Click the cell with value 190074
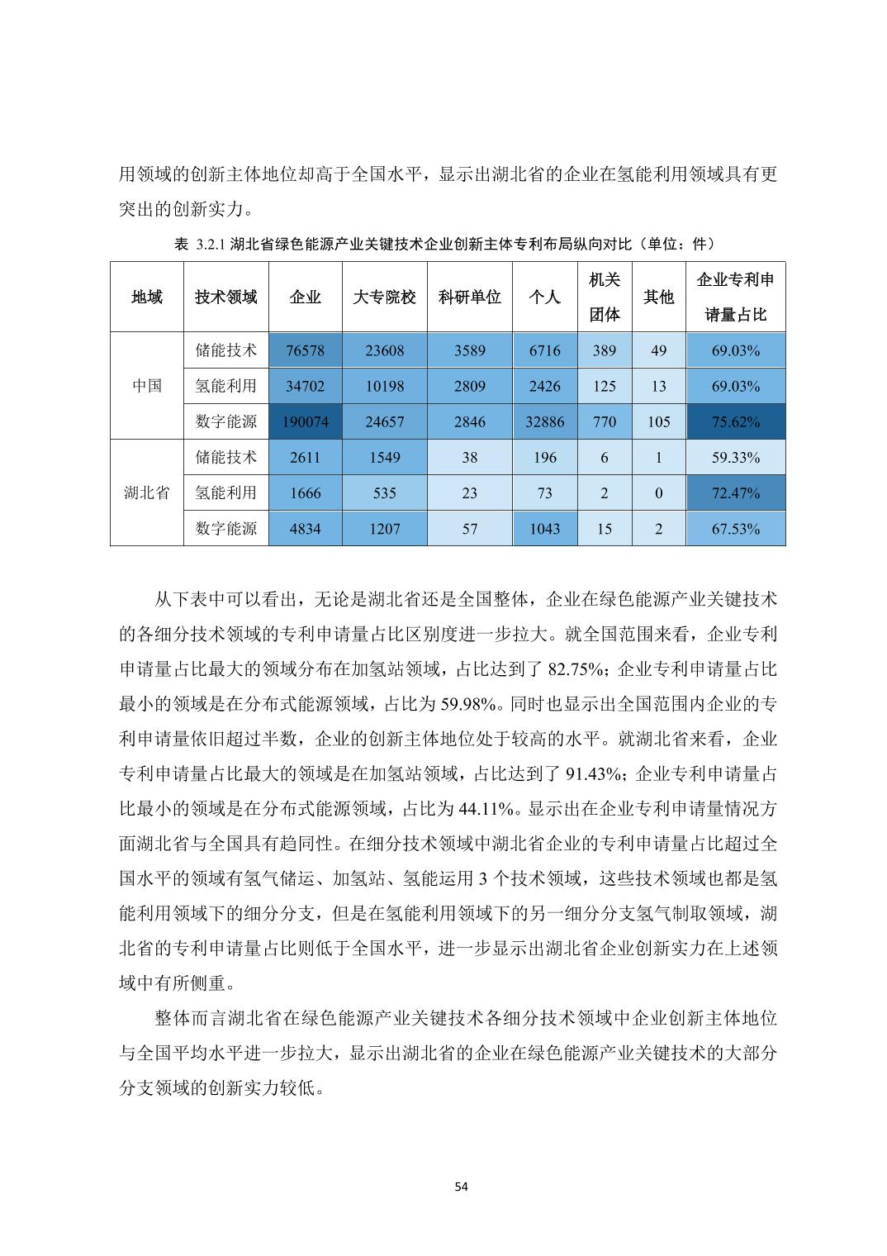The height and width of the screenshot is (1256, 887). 305,421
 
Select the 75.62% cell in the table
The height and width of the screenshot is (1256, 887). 735,421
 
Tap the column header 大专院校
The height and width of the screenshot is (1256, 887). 384,297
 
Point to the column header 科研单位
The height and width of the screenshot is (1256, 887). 469,297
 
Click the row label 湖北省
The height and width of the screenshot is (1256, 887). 146,492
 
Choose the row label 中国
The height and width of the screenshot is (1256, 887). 146,386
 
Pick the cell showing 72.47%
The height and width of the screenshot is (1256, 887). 735,492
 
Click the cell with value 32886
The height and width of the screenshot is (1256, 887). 544,421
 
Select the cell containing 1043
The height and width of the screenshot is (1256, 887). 544,528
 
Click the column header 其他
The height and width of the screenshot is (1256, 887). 658,297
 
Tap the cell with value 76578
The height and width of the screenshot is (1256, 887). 305,350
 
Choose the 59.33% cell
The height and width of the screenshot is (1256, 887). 735,457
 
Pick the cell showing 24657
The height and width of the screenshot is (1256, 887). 384,421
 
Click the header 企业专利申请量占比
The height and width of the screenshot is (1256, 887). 735,297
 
